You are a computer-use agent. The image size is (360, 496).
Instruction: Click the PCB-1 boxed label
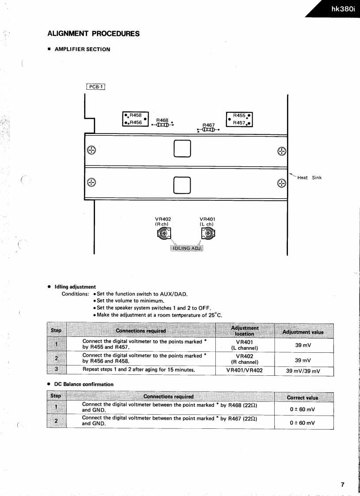[96, 87]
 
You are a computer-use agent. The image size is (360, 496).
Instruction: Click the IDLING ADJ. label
[186, 248]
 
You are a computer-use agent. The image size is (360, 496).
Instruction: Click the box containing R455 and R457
[239, 119]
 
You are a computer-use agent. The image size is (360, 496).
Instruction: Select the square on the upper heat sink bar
[182, 149]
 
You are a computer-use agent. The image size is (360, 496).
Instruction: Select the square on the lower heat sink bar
[182, 185]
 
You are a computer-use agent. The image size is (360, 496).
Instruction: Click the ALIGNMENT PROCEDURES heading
[93, 34]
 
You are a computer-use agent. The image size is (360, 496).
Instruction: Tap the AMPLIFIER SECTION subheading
[82, 49]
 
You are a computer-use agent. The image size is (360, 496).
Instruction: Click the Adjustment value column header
[303, 332]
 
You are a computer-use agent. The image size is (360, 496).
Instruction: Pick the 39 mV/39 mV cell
[303, 371]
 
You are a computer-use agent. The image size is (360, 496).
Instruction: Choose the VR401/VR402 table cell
[244, 371]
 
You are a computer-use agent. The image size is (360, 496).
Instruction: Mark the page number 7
[342, 485]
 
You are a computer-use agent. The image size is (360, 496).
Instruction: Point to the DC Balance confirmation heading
[84, 384]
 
